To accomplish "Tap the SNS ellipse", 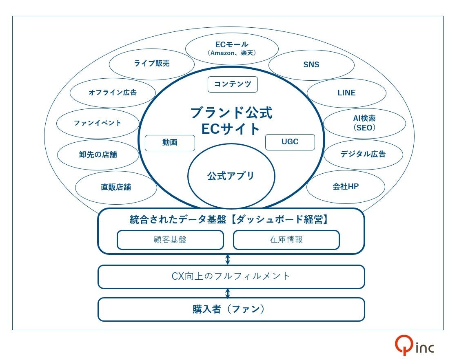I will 311,65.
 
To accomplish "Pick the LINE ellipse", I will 346,93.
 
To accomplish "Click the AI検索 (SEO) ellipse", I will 364,123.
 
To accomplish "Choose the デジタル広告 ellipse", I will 363,154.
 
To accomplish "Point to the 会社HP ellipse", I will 346,187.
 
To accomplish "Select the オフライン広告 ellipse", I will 113,93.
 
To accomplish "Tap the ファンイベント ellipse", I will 98,123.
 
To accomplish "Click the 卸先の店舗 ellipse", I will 98,155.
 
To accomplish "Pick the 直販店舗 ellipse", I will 116,187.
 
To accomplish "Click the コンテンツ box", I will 233,84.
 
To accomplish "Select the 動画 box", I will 170,143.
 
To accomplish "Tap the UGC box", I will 290,142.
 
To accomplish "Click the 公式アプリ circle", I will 231,176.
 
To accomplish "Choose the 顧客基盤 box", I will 170,240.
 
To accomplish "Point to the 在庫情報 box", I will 286,240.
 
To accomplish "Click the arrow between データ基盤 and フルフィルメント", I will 228,259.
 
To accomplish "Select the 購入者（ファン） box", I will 231,309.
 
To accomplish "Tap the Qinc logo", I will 414,346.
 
